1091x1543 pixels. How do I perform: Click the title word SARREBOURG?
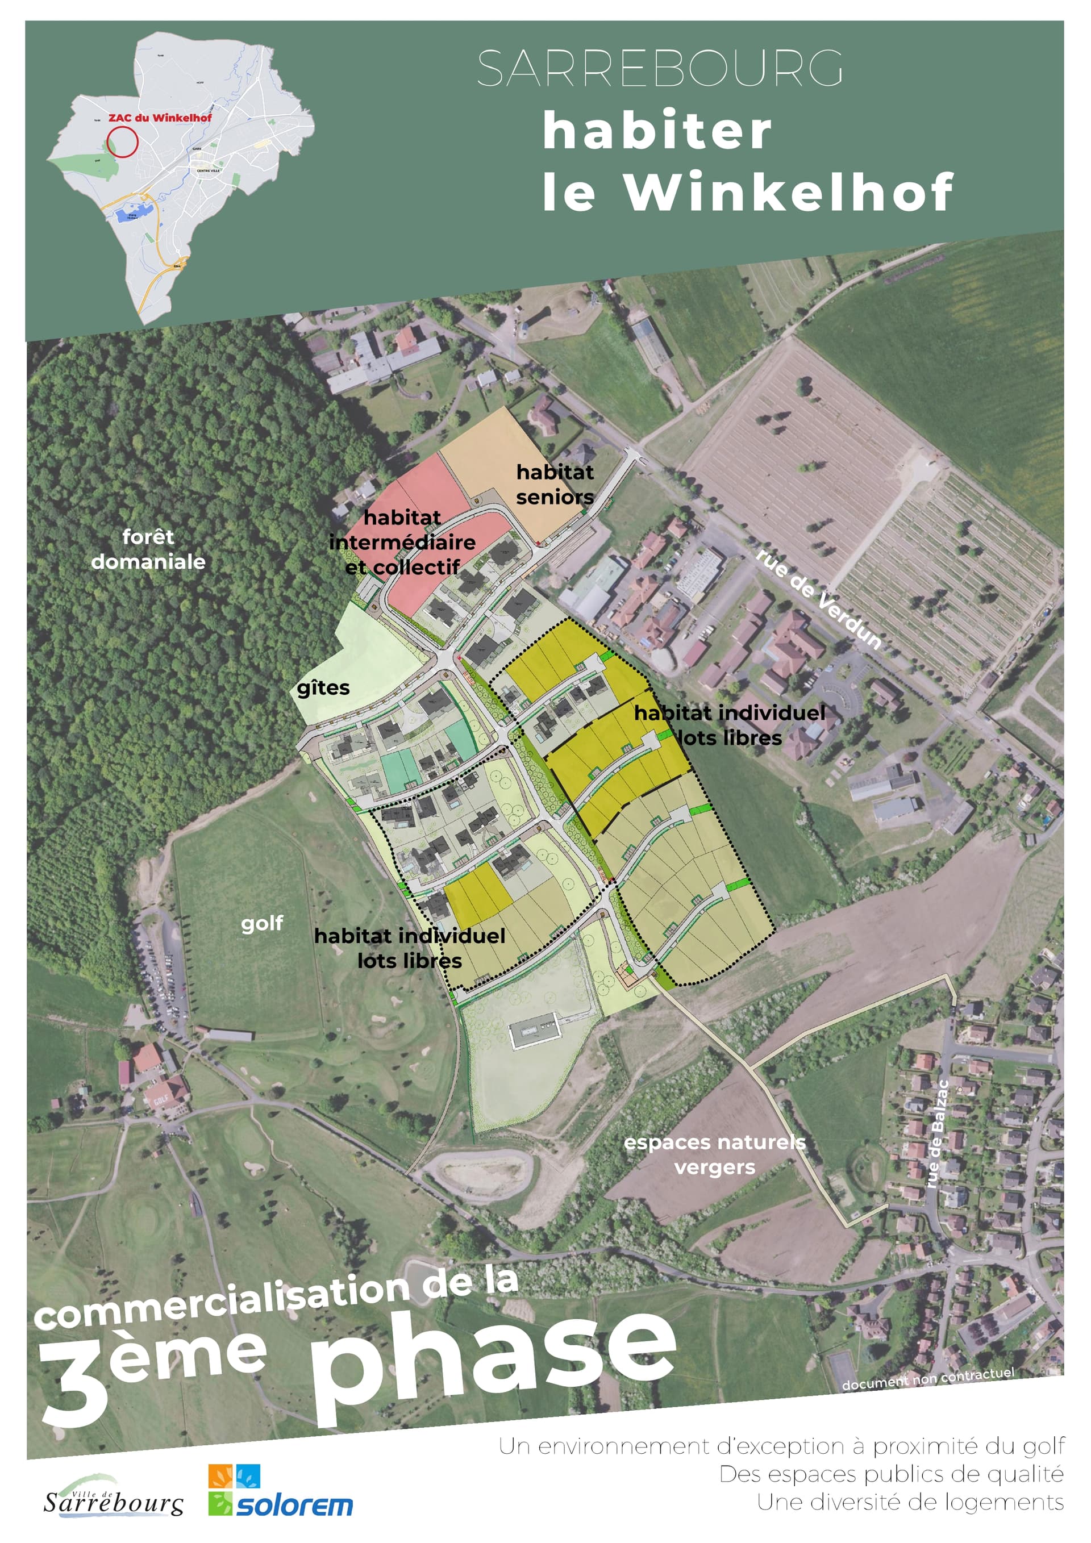(x=660, y=69)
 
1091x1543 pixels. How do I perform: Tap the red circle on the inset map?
(x=122, y=142)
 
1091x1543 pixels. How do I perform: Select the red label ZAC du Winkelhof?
(x=160, y=118)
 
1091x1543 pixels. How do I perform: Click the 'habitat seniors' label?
(x=555, y=485)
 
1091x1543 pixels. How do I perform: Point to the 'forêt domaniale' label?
(x=148, y=549)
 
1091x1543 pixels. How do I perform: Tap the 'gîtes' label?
(x=323, y=688)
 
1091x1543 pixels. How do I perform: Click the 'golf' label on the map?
(x=261, y=923)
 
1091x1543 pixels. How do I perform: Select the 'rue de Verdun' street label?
(x=818, y=599)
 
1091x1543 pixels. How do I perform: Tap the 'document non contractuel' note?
(x=928, y=1378)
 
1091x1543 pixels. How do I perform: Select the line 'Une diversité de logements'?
(x=910, y=1502)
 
